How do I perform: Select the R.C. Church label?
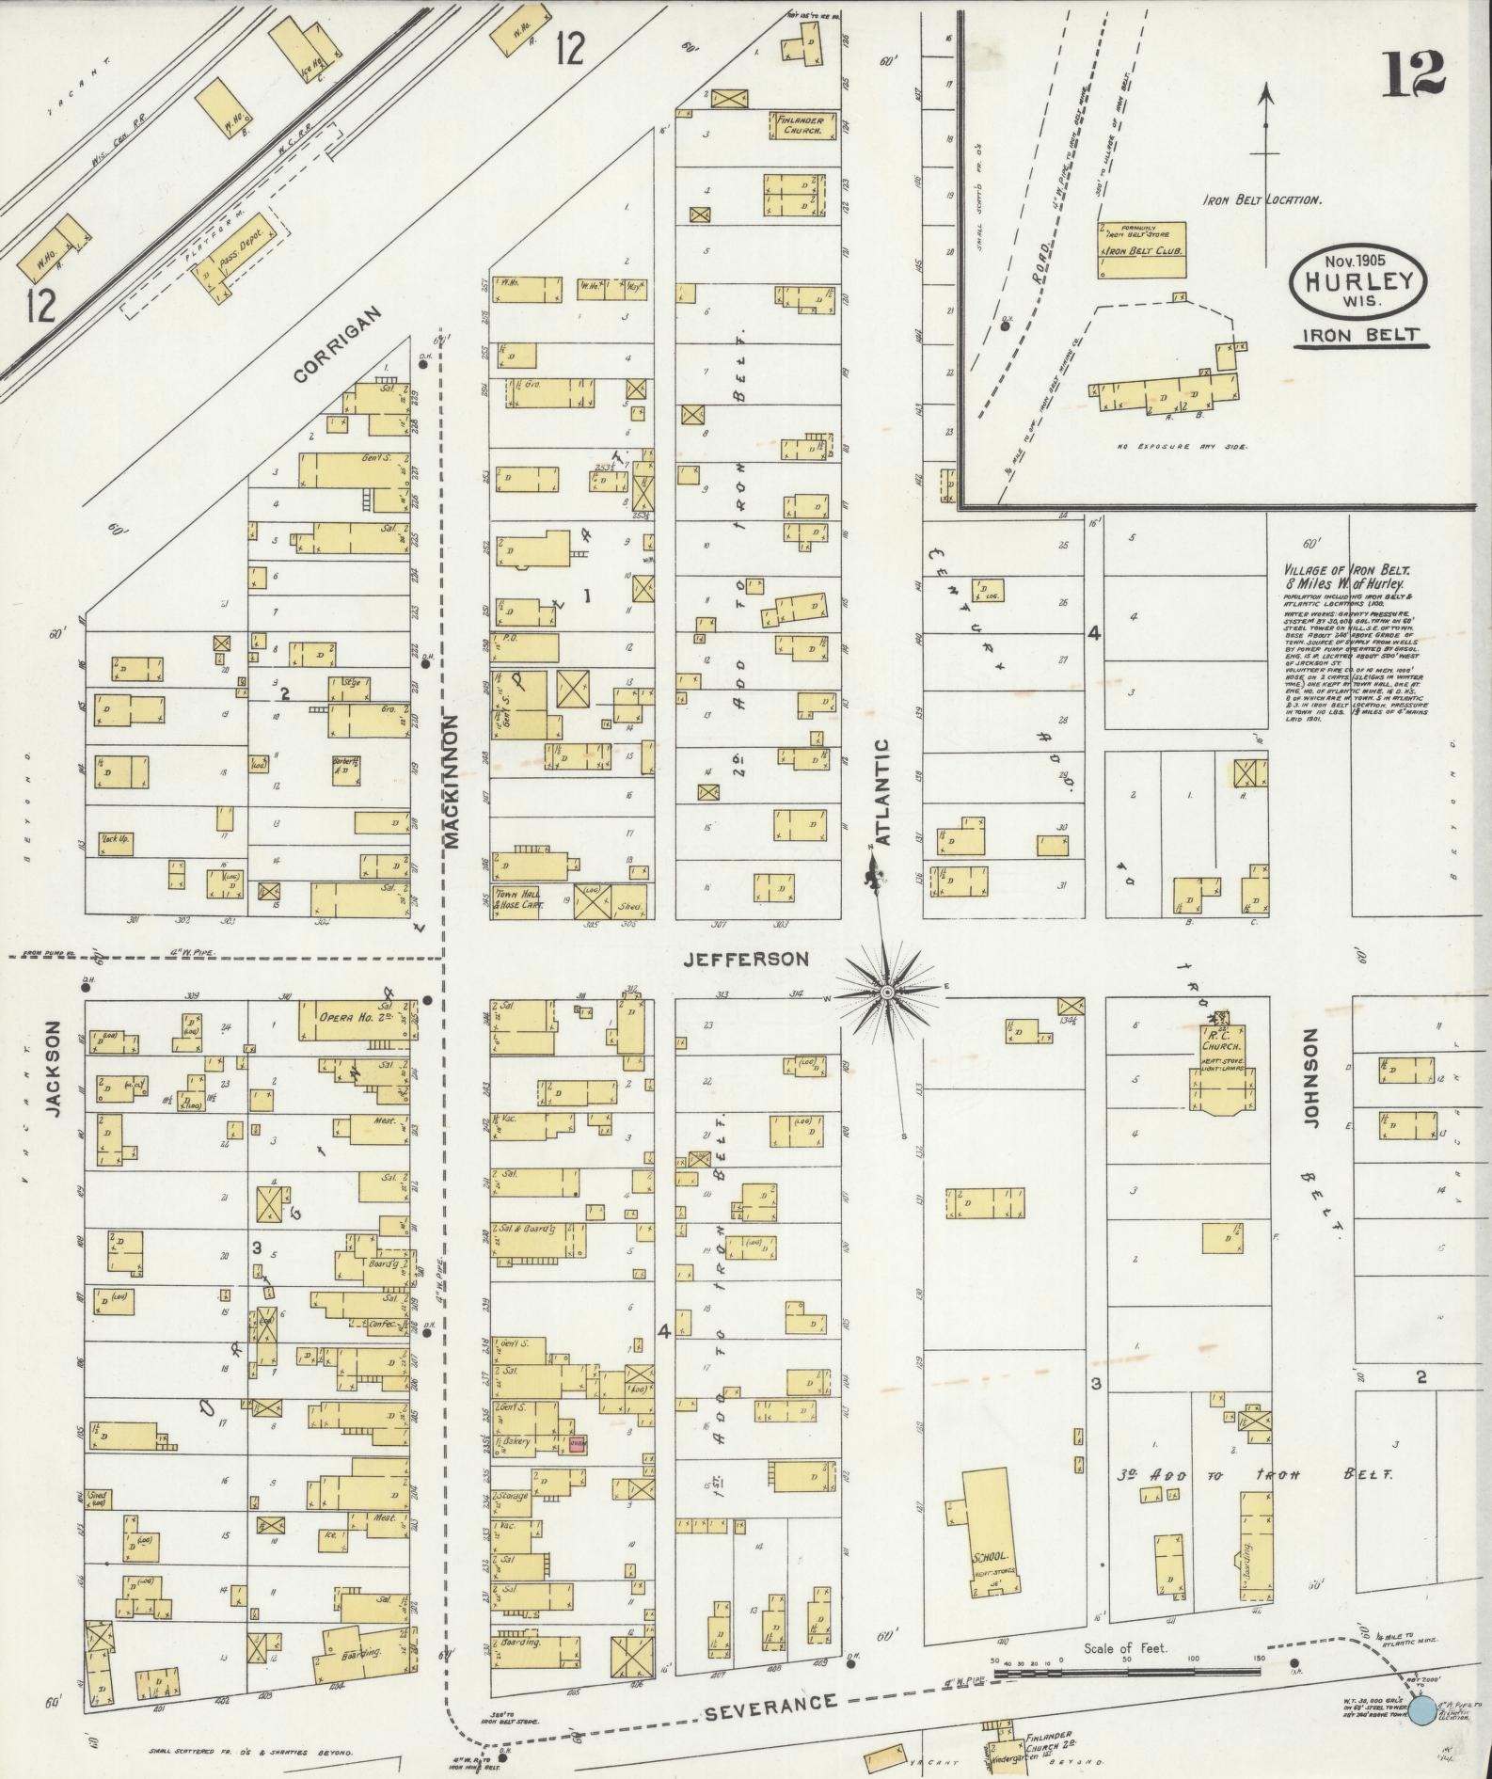1220,1044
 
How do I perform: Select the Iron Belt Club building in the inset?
1141,250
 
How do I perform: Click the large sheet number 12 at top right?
1413,72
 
